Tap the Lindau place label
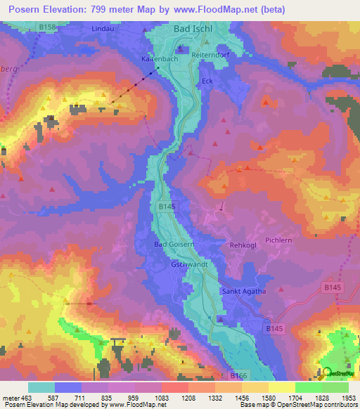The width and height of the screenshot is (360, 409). (x=102, y=29)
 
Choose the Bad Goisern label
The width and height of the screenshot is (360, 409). (x=172, y=244)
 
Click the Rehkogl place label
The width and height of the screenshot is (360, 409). (x=244, y=245)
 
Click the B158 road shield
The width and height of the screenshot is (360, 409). (x=47, y=26)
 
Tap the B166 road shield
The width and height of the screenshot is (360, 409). (x=240, y=377)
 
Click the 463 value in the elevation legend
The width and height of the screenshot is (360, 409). (x=27, y=398)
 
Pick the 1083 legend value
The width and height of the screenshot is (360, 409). (x=161, y=398)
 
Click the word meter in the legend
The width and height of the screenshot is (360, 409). (x=10, y=398)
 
